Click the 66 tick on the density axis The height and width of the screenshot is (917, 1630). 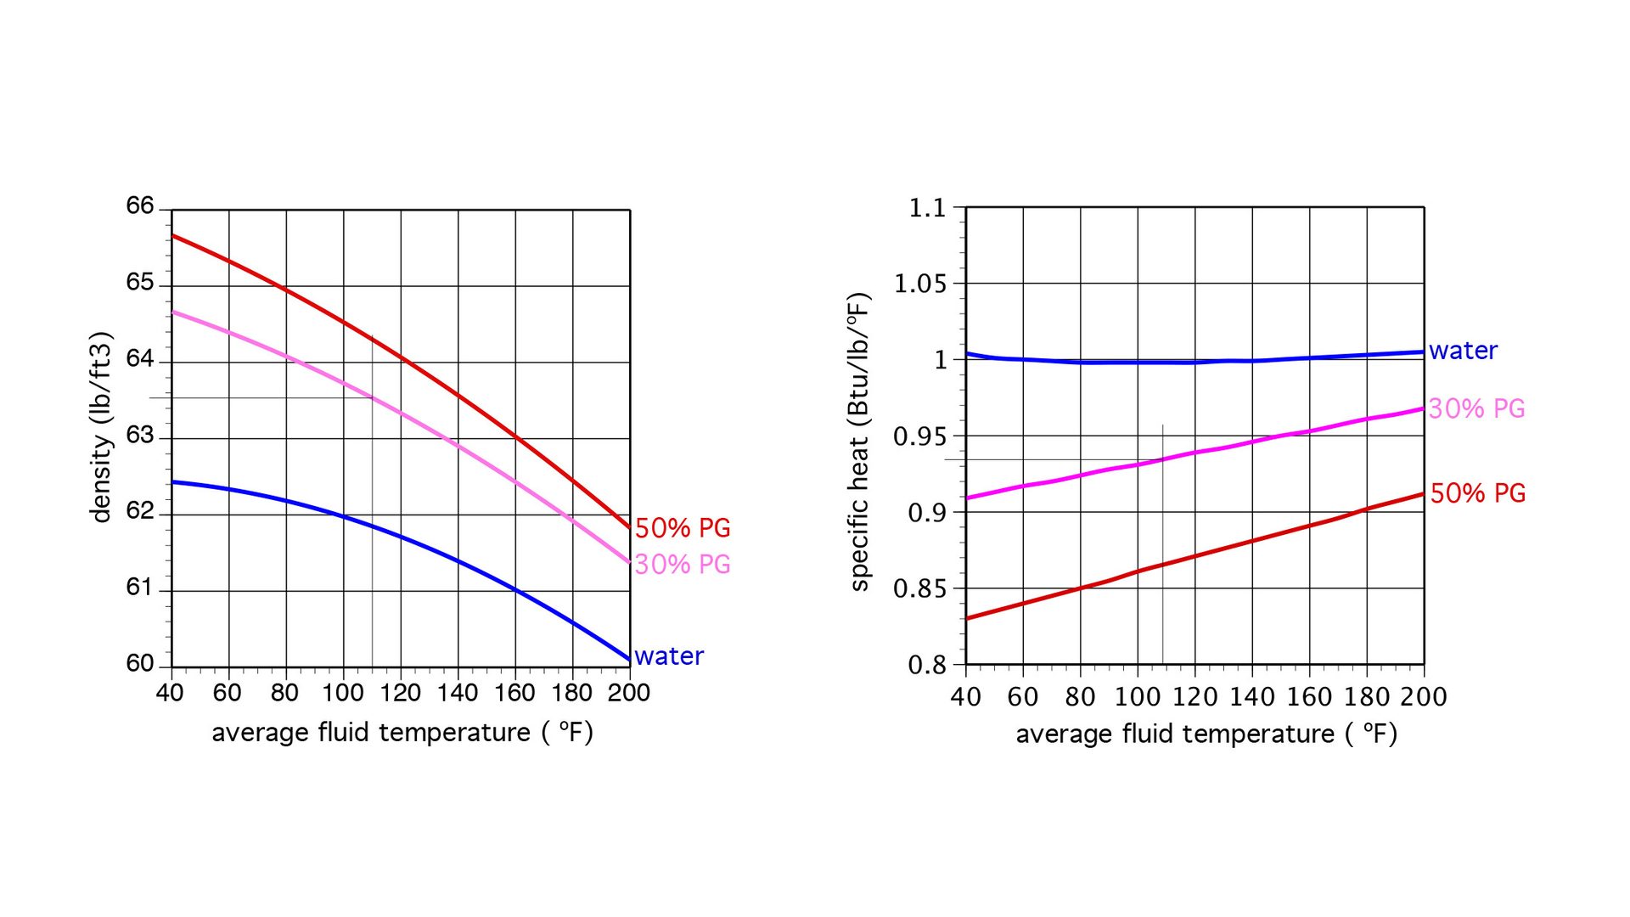tap(140, 205)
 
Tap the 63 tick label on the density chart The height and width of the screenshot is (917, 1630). tap(140, 435)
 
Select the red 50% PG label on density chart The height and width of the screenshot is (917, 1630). tap(683, 528)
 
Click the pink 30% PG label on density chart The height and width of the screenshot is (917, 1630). tap(683, 565)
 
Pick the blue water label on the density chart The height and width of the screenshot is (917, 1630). tap(669, 656)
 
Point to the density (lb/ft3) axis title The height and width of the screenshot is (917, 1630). tap(101, 427)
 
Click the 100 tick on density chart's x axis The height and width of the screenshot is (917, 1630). tap(342, 693)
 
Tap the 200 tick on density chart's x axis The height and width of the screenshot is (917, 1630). tap(628, 693)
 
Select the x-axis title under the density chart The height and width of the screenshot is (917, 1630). tap(402, 733)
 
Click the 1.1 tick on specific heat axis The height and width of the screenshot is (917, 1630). tap(927, 208)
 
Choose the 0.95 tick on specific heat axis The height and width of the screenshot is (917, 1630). tap(919, 436)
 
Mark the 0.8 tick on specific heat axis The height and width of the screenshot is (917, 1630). tap(927, 665)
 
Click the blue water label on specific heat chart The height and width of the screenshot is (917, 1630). tap(1463, 351)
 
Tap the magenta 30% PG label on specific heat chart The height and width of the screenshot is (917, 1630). tap(1476, 409)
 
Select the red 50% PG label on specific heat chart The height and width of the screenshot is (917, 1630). tap(1478, 493)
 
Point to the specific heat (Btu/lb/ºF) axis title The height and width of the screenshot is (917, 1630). tap(860, 442)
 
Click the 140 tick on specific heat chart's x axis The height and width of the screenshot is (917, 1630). tap(1251, 697)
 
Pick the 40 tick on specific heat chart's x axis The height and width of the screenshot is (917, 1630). tap(966, 697)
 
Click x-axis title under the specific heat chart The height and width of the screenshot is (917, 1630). tap(1206, 734)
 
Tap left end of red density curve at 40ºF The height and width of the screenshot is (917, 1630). tap(173, 235)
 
